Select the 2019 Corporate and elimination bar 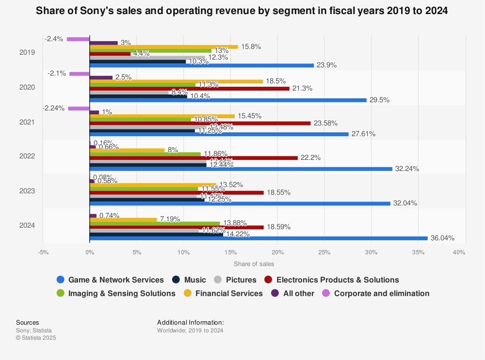[x=78, y=39]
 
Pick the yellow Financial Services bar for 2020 [x=176, y=81]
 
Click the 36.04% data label [x=442, y=238]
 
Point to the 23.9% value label [x=326, y=65]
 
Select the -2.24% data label [x=53, y=108]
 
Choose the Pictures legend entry [x=241, y=280]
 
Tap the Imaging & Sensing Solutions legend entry [x=122, y=293]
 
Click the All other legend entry [x=299, y=293]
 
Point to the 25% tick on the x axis [x=324, y=252]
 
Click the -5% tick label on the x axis [x=43, y=252]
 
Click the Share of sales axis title [x=254, y=264]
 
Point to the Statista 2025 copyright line [x=36, y=338]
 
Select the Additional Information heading [x=190, y=322]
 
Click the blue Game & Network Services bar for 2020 [x=228, y=100]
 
